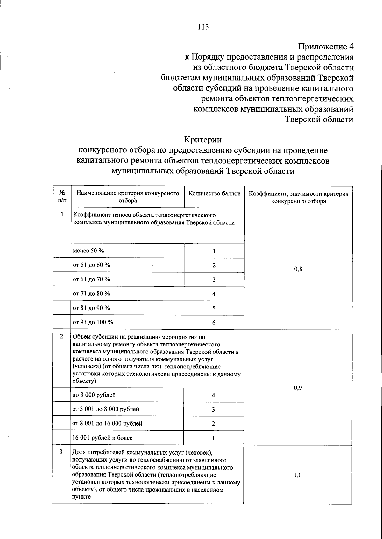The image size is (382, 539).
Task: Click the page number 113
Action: pyautogui.click(x=203, y=27)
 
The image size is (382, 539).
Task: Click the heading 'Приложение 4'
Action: pyautogui.click(x=325, y=47)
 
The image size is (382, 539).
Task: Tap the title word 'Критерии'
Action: pyautogui.click(x=203, y=140)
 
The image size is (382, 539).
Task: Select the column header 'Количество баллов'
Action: pyautogui.click(x=214, y=194)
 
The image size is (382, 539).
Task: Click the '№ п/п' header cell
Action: pyautogui.click(x=62, y=197)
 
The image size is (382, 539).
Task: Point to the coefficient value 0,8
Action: pyautogui.click(x=298, y=269)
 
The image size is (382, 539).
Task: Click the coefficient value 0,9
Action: pyautogui.click(x=298, y=388)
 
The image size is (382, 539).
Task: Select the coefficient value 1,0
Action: pyautogui.click(x=298, y=475)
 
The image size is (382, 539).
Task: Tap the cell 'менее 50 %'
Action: pyautogui.click(x=88, y=251)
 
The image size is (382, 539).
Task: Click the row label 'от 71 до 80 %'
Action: pyautogui.click(x=91, y=294)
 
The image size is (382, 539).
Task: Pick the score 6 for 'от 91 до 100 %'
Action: pyautogui.click(x=214, y=323)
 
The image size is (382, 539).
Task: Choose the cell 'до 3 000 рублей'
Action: pyautogui.click(x=94, y=395)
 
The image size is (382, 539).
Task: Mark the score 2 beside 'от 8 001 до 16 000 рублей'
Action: pyautogui.click(x=213, y=424)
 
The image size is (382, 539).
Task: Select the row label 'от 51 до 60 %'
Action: pyautogui.click(x=91, y=265)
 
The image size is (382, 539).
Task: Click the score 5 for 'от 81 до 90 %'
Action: pyautogui.click(x=214, y=308)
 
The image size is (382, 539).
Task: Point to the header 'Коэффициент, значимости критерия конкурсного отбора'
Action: pyautogui.click(x=298, y=197)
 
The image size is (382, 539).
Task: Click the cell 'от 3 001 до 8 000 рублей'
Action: pyautogui.click(x=106, y=409)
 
